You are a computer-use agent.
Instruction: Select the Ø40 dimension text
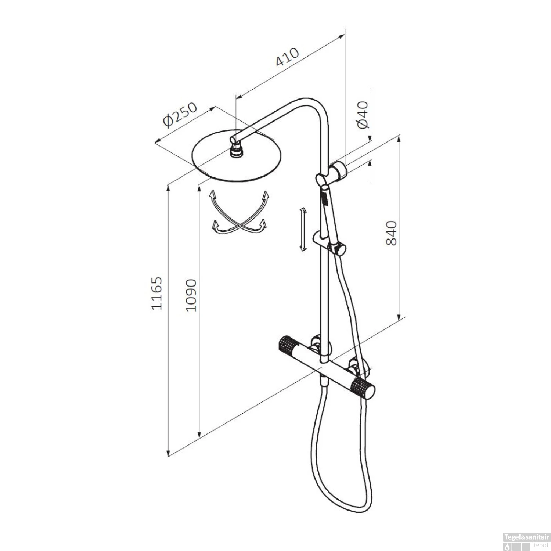[363, 115]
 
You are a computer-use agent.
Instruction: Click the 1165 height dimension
[157, 293]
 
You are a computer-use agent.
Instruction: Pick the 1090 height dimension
[191, 296]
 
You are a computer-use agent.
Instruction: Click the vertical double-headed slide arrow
[303, 229]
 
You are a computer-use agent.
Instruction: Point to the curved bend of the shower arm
[316, 105]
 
